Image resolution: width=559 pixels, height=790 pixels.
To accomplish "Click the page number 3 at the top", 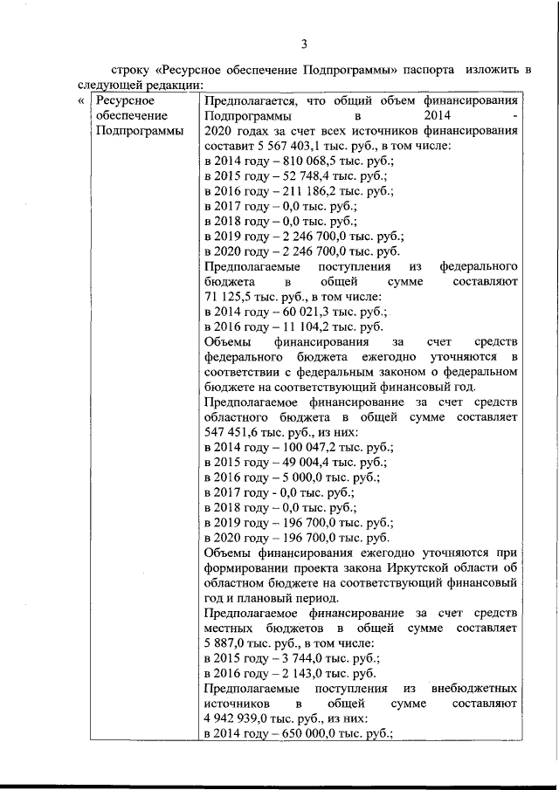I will pyautogui.click(x=304, y=44).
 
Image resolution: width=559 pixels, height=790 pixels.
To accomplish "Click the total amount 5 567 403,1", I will pyautogui.click(x=290, y=147).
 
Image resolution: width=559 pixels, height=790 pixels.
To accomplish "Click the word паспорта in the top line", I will pyautogui.click(x=428, y=69).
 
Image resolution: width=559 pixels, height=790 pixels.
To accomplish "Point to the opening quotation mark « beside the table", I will pyautogui.click(x=80, y=102).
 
